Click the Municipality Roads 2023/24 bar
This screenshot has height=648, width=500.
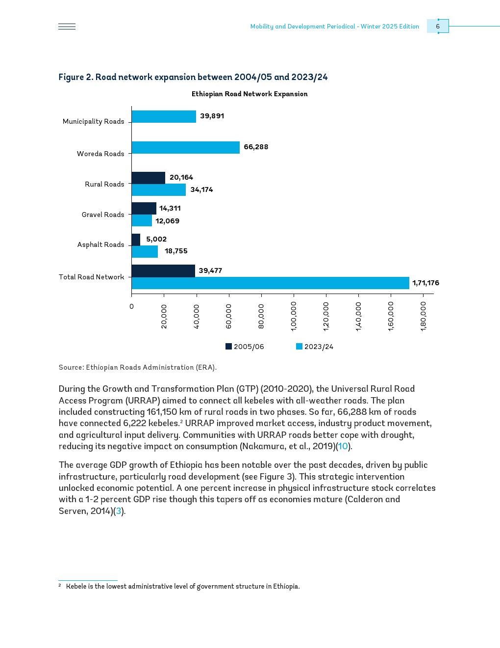pyautogui.click(x=164, y=117)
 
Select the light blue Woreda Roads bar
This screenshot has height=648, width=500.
pyautogui.click(x=185, y=147)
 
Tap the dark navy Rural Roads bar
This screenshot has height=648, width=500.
pyautogui.click(x=148, y=178)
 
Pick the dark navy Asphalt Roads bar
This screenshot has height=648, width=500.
pyautogui.click(x=136, y=240)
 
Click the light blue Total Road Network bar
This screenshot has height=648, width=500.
pyautogui.click(x=270, y=283)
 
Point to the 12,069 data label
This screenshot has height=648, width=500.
pyautogui.click(x=167, y=221)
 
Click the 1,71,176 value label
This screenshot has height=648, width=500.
pyautogui.click(x=425, y=283)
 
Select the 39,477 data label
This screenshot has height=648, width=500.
pyautogui.click(x=210, y=270)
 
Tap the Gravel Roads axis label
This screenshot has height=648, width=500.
pyautogui.click(x=103, y=215)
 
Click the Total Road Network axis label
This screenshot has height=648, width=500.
pyautogui.click(x=92, y=277)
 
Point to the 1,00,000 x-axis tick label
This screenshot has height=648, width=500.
pyautogui.click(x=294, y=316)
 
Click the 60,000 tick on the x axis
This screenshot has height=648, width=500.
pyautogui.click(x=229, y=316)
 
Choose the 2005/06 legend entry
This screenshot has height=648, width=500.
pyautogui.click(x=245, y=347)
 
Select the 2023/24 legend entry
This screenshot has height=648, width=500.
pyautogui.click(x=315, y=347)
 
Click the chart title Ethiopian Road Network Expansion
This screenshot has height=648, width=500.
pyautogui.click(x=250, y=94)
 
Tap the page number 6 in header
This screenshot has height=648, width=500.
pyautogui.click(x=438, y=27)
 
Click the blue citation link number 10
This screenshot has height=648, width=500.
pyautogui.click(x=343, y=446)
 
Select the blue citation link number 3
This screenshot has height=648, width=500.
pyautogui.click(x=118, y=511)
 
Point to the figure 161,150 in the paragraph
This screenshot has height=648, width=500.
pyautogui.click(x=164, y=412)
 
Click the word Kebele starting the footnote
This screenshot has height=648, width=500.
pyautogui.click(x=76, y=586)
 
